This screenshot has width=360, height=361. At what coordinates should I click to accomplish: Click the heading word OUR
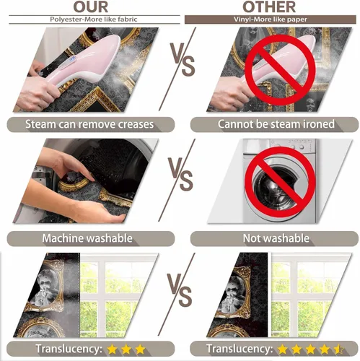(x=91, y=7)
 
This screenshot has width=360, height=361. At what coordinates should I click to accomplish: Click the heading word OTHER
(x=269, y=7)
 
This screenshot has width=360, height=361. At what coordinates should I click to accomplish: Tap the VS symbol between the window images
(x=180, y=290)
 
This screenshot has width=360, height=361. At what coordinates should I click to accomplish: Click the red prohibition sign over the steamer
(x=280, y=70)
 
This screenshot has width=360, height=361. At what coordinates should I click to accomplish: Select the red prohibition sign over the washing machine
(x=280, y=182)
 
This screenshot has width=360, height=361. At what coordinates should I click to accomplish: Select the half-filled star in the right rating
(x=339, y=349)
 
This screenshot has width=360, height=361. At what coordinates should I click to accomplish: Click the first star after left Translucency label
(x=112, y=349)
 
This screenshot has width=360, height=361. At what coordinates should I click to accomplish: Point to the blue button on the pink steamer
(x=73, y=59)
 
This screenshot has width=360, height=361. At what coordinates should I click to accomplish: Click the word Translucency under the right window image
(x=240, y=349)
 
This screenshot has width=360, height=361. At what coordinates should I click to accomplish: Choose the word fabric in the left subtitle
(x=128, y=19)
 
